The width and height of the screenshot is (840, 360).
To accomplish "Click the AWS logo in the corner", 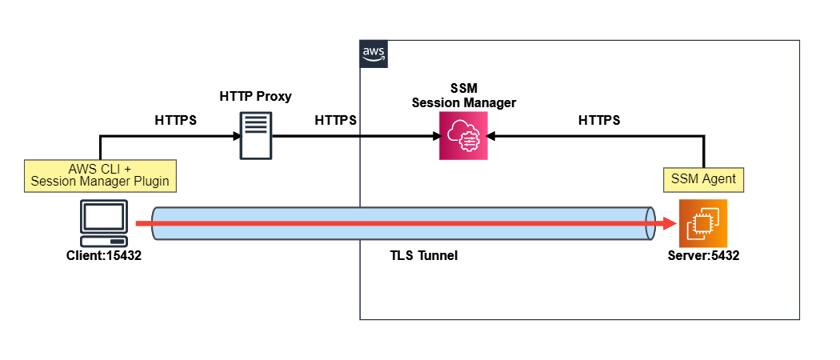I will (x=374, y=54).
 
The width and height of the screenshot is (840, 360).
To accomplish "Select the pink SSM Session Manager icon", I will (x=463, y=136).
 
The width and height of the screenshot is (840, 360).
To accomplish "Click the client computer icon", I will (x=104, y=224).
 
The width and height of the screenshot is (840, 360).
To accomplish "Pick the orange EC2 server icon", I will (x=702, y=224).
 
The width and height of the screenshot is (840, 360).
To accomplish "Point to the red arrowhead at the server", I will (x=666, y=224).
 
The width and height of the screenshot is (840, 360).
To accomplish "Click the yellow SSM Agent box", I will (x=704, y=179).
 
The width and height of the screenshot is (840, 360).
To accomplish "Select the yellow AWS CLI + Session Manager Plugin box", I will (x=100, y=174).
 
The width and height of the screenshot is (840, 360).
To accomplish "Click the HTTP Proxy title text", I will (x=255, y=97).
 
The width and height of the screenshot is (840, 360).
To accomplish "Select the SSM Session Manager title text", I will (x=463, y=94).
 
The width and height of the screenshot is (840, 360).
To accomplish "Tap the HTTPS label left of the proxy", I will (x=175, y=121).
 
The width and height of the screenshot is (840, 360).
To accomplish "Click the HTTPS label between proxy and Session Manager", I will (x=335, y=121).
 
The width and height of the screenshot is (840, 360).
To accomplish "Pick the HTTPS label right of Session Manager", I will (x=598, y=121).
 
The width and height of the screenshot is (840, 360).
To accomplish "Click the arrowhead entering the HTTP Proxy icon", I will (x=238, y=136).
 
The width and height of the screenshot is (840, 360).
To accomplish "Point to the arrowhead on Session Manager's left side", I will (x=435, y=136).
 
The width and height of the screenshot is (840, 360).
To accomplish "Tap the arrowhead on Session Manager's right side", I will (x=492, y=136).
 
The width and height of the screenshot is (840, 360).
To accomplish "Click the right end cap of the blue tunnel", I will (x=650, y=224).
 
